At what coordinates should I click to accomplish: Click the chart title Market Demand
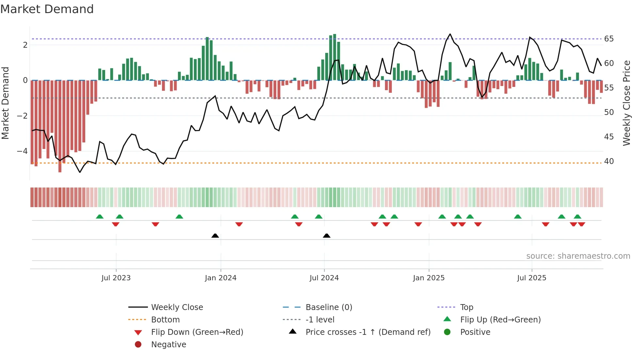[47, 9]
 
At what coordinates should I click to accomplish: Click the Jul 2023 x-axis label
[116, 278]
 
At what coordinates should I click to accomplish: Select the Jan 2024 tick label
[221, 278]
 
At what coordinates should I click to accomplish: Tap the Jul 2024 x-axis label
[324, 278]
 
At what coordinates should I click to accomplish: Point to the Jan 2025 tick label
[429, 278]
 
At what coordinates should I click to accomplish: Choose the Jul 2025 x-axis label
[532, 278]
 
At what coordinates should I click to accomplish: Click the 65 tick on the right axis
[609, 39]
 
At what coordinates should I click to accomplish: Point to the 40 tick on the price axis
[609, 161]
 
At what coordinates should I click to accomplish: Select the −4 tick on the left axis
[22, 151]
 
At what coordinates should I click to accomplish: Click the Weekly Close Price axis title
[626, 103]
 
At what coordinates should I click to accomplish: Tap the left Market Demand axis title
[6, 103]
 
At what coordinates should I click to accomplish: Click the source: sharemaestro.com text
[578, 256]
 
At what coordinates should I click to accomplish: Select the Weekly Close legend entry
[177, 307]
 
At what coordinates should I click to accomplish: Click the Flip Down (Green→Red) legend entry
[197, 332]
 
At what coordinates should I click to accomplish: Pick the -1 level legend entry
[320, 320]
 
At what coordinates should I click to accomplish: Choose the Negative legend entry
[168, 345]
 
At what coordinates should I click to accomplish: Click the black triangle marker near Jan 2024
[215, 236]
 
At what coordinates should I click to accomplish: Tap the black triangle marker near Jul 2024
[327, 236]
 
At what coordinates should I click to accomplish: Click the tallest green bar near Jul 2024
[334, 57]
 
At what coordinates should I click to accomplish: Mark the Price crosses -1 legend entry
[368, 332]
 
